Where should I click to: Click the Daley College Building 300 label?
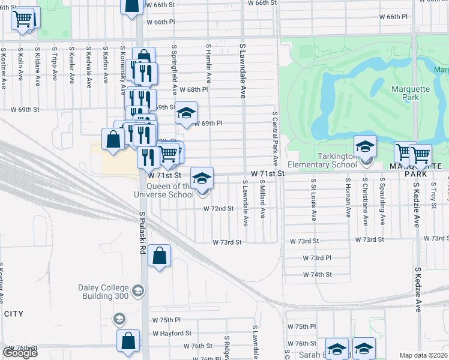(104, 292)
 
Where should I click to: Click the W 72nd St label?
(218, 209)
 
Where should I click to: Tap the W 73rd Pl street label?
(317, 258)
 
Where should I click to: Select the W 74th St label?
(317, 274)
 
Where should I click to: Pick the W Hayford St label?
(172, 333)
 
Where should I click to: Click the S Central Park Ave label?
(275, 138)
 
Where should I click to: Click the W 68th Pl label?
(193, 89)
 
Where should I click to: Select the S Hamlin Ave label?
(209, 62)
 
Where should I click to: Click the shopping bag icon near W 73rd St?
(159, 256)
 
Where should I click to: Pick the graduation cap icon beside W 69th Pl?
(186, 112)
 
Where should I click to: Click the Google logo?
(20, 352)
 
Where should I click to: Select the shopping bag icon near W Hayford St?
(128, 341)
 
